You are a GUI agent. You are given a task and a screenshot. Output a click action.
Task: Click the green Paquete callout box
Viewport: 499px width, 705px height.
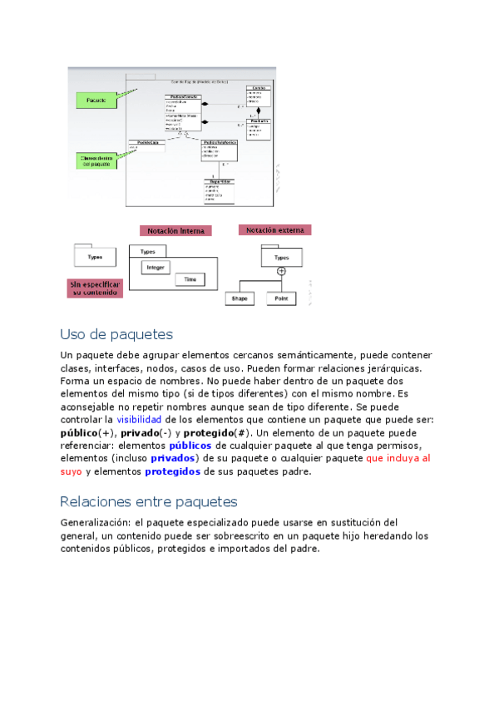96,100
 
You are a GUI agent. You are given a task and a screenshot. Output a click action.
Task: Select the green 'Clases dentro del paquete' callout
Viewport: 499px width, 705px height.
96,160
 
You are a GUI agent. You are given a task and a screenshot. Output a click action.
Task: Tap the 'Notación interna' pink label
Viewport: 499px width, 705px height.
175,230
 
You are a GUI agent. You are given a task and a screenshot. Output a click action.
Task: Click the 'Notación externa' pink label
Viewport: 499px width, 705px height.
274,229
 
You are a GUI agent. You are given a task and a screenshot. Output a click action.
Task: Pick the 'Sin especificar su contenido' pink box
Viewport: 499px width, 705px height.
96,288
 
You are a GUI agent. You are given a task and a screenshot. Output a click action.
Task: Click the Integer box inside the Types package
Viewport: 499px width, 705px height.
156,268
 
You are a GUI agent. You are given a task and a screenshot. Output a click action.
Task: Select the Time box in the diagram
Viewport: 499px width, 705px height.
190,280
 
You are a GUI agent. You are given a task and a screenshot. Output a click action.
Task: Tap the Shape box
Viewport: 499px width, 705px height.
240,298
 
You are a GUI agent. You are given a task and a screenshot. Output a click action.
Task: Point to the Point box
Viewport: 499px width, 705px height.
281,298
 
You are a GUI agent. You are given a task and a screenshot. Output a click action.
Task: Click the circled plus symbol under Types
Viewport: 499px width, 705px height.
281,271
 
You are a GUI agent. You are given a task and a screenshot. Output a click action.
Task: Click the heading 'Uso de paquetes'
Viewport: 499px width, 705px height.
116,334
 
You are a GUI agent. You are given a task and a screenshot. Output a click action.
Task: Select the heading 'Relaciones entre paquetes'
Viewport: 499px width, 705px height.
149,501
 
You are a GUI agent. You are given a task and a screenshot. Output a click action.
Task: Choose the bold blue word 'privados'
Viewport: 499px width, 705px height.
173,458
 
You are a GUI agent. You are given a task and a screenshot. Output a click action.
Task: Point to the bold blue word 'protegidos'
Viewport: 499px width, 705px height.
172,471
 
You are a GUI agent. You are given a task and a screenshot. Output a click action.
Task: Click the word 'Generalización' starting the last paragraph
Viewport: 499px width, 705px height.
92,522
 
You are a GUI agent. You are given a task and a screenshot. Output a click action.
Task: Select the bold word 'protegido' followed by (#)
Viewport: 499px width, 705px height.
208,433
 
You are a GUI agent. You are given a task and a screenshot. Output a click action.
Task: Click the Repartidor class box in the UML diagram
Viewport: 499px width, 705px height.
220,190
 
